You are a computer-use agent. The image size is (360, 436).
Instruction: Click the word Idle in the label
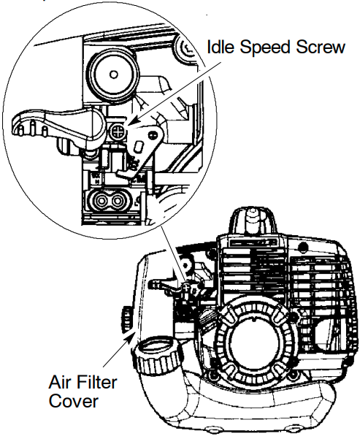[x=221, y=47]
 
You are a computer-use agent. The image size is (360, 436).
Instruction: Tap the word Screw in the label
[x=321, y=47]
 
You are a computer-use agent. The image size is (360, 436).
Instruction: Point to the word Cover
[x=74, y=402]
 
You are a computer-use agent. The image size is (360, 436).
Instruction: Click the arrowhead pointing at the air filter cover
[x=131, y=334]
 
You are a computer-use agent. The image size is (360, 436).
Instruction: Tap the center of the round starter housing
[x=256, y=342]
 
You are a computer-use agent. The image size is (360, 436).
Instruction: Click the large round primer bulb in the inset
[x=113, y=74]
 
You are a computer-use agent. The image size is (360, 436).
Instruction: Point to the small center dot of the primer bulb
[x=113, y=74]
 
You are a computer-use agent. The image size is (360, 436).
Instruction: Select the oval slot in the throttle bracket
[x=139, y=146]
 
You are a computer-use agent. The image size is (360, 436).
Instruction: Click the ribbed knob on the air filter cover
[x=126, y=319]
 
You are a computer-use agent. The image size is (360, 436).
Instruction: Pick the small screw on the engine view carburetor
[x=187, y=286]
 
